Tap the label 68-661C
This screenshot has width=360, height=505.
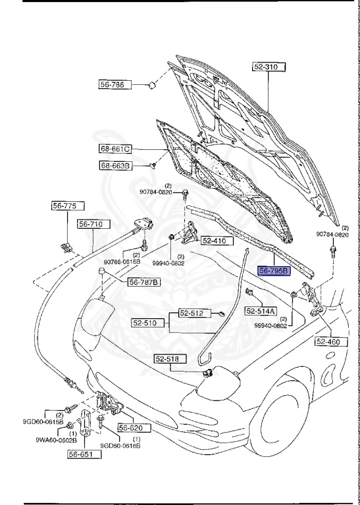point(116,149)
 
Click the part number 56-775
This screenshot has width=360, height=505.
point(64,206)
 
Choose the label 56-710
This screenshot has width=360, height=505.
point(91,224)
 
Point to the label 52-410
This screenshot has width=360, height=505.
point(214,241)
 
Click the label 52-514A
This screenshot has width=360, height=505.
point(261,310)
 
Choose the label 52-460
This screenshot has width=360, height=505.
point(330,341)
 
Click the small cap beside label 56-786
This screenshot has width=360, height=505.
point(151,84)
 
